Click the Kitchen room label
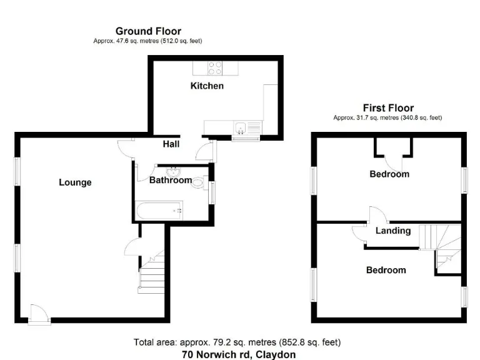(x=207, y=86)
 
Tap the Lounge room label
(x=75, y=182)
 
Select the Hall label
(x=171, y=144)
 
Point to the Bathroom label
(x=170, y=181)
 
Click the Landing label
(x=393, y=231)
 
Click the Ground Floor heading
(x=148, y=31)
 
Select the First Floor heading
(x=388, y=108)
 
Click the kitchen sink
(x=241, y=129)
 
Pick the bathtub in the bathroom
(x=159, y=211)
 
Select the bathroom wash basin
(x=173, y=172)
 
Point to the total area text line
(x=237, y=342)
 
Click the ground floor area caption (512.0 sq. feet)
(x=147, y=41)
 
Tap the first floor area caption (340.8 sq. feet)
(x=387, y=117)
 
